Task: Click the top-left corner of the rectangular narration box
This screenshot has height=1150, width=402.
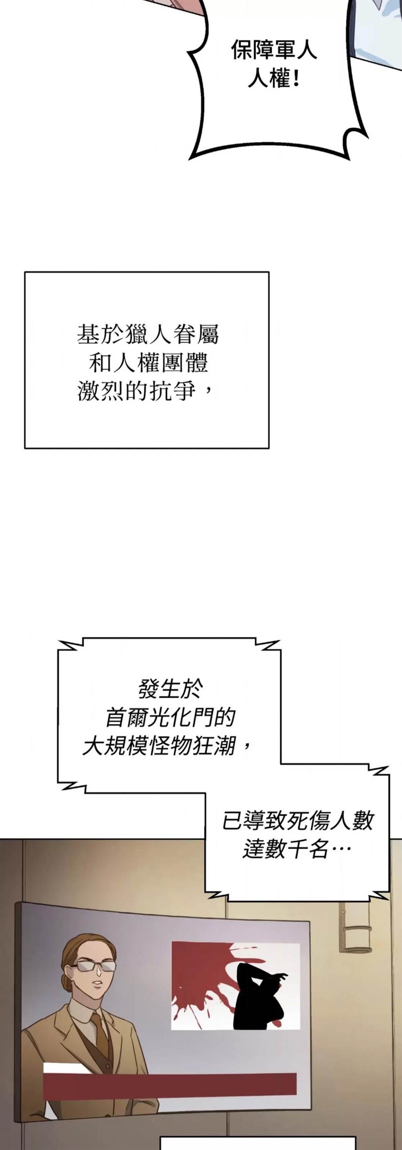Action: pyautogui.click(x=25, y=272)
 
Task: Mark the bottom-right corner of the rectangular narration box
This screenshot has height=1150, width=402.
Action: pyautogui.click(x=269, y=448)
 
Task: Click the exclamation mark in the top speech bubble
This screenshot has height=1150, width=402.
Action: pyautogui.click(x=297, y=80)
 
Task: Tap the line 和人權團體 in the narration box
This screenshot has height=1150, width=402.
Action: pyautogui.click(x=148, y=363)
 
